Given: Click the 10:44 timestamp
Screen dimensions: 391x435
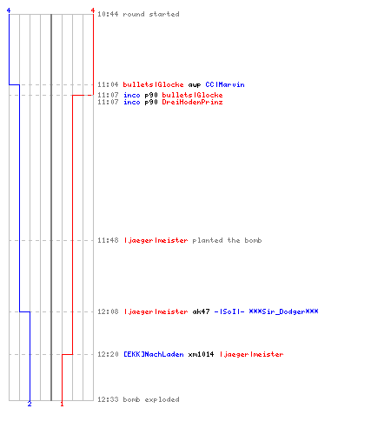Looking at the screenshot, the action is [108, 14].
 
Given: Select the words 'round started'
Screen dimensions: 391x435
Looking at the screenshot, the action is [151, 14].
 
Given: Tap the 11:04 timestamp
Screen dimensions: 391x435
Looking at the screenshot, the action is [108, 84].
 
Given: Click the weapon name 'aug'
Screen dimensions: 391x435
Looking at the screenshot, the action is [195, 85].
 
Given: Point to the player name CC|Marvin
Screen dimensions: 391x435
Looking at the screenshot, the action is [225, 84].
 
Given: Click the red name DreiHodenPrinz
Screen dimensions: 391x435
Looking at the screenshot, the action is [192, 102].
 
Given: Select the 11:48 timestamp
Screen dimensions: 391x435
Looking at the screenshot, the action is [108, 240].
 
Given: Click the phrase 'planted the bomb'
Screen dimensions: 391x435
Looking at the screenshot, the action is [227, 240].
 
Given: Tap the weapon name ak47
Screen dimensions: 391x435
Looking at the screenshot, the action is [201, 311].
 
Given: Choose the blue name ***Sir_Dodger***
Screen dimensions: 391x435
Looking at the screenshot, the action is [283, 311].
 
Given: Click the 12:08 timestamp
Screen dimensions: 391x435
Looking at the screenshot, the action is [108, 311].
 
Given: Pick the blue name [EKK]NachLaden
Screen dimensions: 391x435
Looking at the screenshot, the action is [154, 354].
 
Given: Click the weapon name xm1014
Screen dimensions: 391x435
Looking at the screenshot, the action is [201, 354].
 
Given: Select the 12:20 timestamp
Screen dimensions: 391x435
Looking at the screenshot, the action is [108, 354].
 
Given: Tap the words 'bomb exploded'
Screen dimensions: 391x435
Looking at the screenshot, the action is [151, 399].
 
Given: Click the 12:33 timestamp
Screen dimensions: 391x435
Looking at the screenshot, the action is [108, 399].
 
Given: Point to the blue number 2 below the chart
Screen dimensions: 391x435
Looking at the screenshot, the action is [30, 404].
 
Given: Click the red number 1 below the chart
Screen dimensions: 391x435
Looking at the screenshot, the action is [62, 404].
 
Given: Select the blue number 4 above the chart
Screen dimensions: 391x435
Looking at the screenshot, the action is [9, 10].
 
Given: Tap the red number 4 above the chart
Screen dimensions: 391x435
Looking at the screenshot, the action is [93, 10].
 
